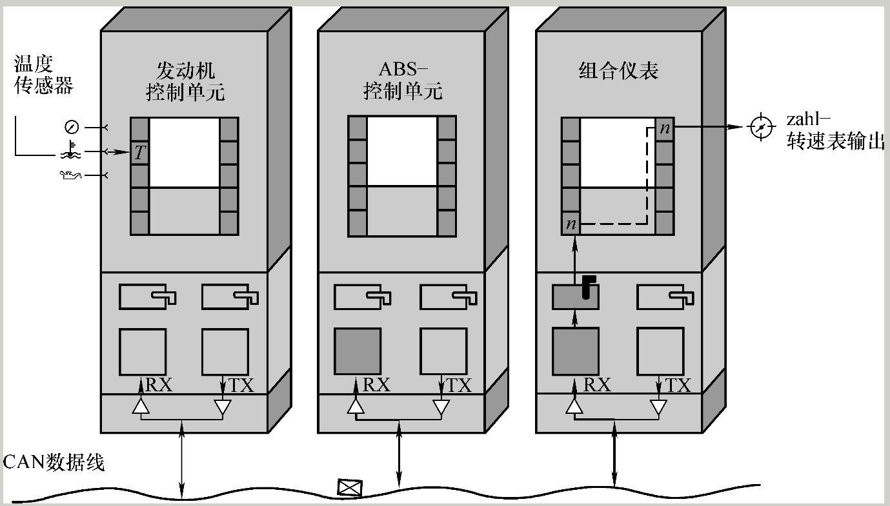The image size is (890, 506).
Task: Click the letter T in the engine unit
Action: pos(140,153)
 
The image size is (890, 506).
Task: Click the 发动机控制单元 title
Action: pos(185,81)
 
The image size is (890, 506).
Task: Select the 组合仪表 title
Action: pos(618,70)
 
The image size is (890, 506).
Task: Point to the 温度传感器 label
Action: pos(43,75)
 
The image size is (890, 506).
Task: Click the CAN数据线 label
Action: pos(54,462)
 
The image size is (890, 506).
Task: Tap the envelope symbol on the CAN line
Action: pos(350,488)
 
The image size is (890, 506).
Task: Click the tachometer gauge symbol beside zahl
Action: pos(762,127)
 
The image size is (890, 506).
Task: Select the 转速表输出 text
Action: pos(835,142)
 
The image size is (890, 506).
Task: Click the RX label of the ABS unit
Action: pos(377,385)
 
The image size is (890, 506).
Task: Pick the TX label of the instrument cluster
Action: pos(677,385)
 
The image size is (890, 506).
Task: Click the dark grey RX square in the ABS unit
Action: pos(357,351)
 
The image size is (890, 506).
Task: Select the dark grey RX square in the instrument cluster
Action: pos(575,351)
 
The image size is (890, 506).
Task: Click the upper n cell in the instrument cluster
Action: pos(665,128)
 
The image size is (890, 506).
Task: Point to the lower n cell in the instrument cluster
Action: pos(571,224)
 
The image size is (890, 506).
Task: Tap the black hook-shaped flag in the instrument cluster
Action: pos(588,286)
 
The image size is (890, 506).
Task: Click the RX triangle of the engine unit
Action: pos(141,407)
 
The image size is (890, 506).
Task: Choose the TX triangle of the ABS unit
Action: pos(441,407)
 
